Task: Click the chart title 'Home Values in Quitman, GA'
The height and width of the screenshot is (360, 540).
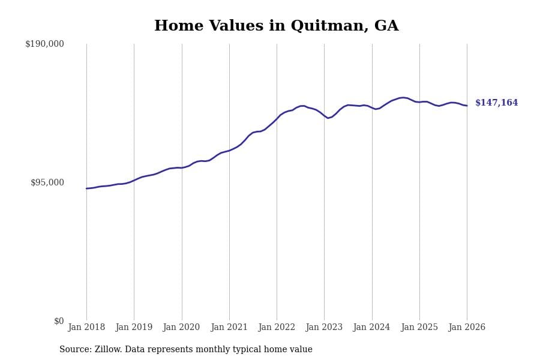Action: point(276,26)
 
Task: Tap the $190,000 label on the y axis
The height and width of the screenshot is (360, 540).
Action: point(44,44)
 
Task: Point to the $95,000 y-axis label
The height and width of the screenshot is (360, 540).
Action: point(47,182)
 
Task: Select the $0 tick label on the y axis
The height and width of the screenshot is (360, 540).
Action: point(58,321)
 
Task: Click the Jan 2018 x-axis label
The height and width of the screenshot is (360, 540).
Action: point(86,328)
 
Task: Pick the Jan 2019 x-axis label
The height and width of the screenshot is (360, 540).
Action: point(134,328)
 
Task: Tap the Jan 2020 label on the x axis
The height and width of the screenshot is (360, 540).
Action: point(181,328)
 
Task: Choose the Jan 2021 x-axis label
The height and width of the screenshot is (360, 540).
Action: point(229,328)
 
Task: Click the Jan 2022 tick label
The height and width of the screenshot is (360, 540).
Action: point(277,328)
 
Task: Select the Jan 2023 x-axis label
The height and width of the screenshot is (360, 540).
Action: point(324,328)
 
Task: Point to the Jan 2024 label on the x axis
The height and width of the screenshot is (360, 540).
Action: point(371,328)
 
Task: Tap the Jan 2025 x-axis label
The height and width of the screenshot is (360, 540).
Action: point(419,328)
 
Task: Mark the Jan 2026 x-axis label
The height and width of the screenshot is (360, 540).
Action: point(467,328)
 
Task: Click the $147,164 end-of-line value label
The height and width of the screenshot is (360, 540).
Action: point(496,103)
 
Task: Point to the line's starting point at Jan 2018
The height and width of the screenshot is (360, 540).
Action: point(86,188)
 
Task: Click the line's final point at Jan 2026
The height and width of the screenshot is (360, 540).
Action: point(467,106)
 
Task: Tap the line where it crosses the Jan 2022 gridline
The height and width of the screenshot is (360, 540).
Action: point(277,118)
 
